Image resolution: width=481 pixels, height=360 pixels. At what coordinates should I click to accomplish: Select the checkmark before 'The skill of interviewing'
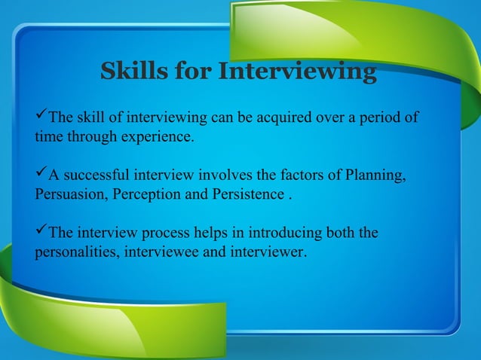point(41,117)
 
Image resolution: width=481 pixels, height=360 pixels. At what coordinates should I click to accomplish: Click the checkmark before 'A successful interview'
point(41,175)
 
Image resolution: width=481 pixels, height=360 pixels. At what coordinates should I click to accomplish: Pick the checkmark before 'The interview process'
point(41,232)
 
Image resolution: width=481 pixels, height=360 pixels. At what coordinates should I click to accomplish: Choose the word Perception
point(148,197)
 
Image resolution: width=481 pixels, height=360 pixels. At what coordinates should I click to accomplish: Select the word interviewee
point(167,253)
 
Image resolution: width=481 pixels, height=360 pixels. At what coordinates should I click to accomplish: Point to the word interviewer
point(268,253)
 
